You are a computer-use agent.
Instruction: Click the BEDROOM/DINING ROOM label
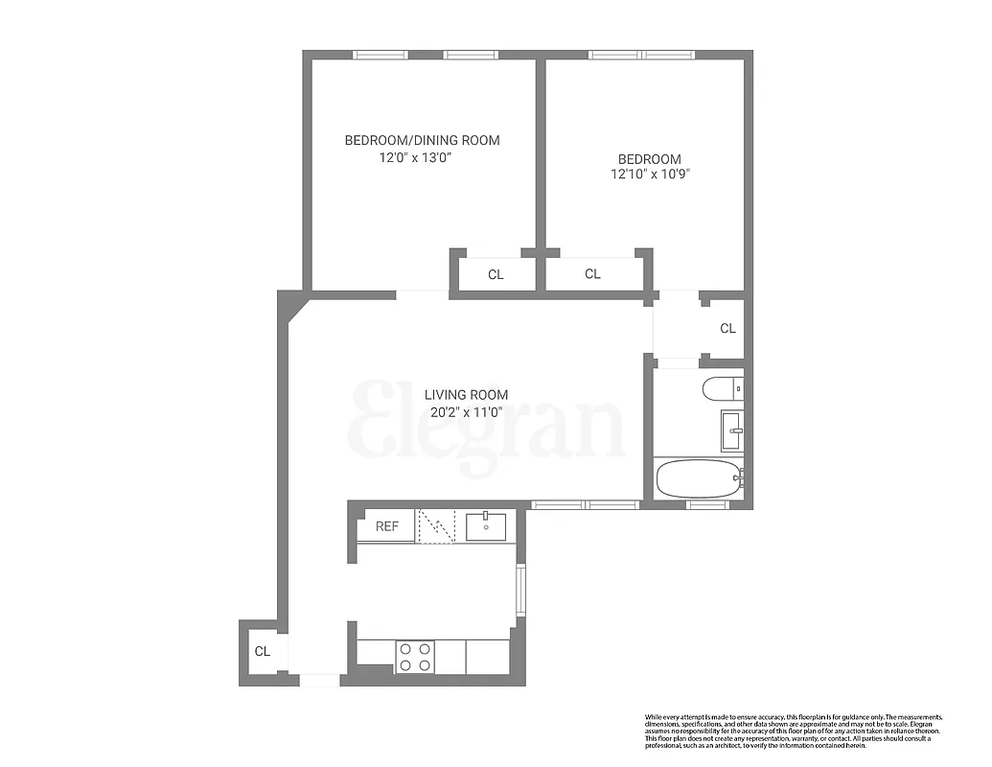click(x=422, y=140)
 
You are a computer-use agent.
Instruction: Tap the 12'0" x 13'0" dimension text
click(x=415, y=157)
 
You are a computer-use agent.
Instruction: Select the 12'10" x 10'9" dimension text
click(x=649, y=174)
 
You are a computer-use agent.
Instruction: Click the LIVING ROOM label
click(x=466, y=394)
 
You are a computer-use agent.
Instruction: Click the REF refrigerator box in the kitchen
click(x=386, y=526)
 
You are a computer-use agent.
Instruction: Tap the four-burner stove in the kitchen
click(x=414, y=657)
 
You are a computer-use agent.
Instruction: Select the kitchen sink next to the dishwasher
click(x=487, y=525)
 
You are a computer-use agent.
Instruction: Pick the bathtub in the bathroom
click(x=698, y=477)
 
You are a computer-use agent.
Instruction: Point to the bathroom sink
click(x=731, y=430)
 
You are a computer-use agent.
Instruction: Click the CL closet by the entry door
click(x=262, y=652)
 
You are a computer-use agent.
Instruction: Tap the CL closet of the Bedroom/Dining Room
click(x=495, y=275)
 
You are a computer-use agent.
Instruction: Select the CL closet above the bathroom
click(x=727, y=329)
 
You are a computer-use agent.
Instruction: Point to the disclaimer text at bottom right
click(x=793, y=731)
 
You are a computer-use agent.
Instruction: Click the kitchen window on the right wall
click(x=520, y=590)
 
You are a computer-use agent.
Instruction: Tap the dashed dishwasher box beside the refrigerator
click(x=436, y=526)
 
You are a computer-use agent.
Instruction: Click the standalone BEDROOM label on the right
click(x=649, y=159)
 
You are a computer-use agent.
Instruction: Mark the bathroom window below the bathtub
click(x=707, y=504)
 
